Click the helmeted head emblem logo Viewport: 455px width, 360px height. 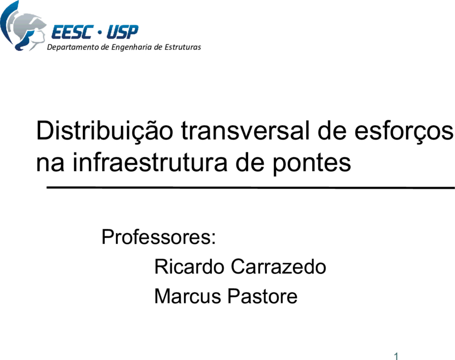[22, 26]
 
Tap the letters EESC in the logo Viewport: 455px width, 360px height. [73, 32]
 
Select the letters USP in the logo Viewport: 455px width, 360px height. [122, 32]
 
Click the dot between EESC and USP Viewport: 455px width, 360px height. [100, 33]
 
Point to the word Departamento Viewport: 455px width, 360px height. [73, 47]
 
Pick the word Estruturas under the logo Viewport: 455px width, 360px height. [183, 47]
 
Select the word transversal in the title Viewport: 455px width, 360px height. [246, 131]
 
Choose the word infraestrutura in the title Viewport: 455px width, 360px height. [150, 162]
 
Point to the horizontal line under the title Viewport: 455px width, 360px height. [251, 188]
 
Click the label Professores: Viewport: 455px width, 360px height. [159, 237]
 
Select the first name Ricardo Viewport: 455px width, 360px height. [189, 266]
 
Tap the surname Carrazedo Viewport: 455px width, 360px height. [279, 266]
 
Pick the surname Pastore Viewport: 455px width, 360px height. [263, 296]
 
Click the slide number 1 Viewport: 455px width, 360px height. [396, 356]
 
